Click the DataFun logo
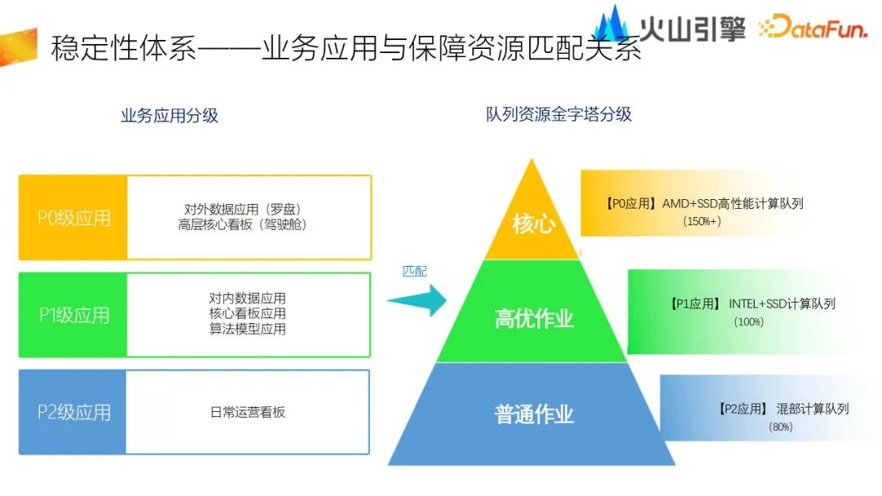(817, 27)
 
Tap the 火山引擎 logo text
(692, 27)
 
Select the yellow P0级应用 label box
(73, 218)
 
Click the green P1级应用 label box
(73, 315)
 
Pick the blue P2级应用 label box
(73, 412)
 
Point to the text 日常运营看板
(248, 412)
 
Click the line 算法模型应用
(247, 329)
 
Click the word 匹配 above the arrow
(415, 272)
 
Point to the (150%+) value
(702, 221)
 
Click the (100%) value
(749, 322)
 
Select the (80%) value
(780, 427)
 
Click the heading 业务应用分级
(170, 115)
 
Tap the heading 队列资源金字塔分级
(559, 114)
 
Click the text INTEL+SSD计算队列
(782, 303)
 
